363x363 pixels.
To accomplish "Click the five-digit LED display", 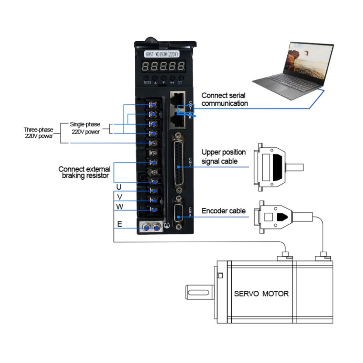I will [x=163, y=68].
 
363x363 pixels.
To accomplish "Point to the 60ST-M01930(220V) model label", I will [x=162, y=54].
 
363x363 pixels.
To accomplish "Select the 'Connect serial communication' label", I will [x=225, y=99].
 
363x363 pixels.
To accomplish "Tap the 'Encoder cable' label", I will [x=224, y=211].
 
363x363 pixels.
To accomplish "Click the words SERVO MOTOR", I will [x=261, y=294].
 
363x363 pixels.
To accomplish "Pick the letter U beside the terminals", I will [x=119, y=187].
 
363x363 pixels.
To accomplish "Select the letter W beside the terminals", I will [x=119, y=206].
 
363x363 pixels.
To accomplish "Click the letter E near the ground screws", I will [x=119, y=224].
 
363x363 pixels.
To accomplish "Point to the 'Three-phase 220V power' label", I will [x=38, y=132].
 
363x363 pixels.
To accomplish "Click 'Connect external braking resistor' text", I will [x=84, y=172].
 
